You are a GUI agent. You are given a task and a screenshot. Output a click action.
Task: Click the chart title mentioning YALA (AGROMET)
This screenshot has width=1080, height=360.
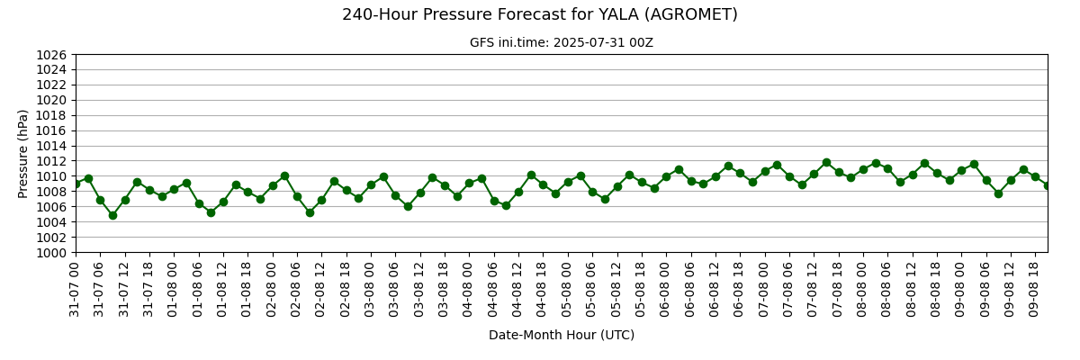point(540,15)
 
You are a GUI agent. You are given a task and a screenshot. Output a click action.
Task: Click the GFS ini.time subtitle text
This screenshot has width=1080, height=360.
point(562,43)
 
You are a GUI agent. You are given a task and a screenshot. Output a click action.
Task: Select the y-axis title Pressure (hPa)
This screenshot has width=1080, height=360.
point(22,154)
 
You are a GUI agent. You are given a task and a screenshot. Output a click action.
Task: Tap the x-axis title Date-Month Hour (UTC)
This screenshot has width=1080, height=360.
point(562,335)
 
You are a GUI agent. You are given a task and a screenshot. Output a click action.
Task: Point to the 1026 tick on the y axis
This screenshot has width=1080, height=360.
point(51,55)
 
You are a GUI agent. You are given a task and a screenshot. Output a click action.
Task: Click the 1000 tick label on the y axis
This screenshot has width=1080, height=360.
point(51,253)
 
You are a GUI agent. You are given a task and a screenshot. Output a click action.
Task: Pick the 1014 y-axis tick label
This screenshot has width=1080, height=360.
point(51,146)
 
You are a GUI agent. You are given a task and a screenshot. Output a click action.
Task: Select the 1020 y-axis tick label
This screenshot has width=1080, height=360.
point(51,100)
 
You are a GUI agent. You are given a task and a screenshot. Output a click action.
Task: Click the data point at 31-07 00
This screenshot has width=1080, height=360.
point(76,184)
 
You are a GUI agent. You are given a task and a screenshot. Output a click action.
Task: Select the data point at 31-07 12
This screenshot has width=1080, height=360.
point(125,200)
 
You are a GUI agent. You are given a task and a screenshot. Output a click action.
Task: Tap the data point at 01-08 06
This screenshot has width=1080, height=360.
point(199,204)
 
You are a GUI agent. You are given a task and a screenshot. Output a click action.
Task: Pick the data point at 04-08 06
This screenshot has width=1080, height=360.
point(494,201)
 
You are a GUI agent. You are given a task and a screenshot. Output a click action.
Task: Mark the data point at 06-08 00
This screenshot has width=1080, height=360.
point(666,177)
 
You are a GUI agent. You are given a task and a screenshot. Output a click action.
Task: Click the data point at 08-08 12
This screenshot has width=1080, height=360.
point(913,175)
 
